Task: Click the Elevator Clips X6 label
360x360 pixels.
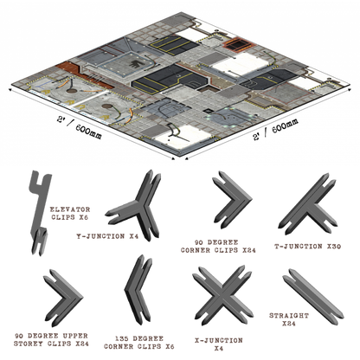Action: tap(70, 214)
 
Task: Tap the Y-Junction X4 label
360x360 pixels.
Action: tap(107, 236)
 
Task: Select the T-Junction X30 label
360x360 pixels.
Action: tap(307, 247)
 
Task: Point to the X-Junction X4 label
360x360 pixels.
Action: tap(219, 344)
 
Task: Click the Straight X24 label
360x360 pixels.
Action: tap(289, 319)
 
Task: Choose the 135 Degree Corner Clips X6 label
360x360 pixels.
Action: tap(139, 343)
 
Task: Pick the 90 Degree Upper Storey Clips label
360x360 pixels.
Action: tap(51, 340)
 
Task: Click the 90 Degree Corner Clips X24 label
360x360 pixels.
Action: tap(218, 247)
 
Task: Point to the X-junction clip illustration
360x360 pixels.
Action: tap(222, 296)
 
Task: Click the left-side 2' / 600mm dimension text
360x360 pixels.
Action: tap(79, 128)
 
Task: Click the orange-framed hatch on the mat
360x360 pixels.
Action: tap(238, 44)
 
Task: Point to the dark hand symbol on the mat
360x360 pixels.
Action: tap(134, 64)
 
